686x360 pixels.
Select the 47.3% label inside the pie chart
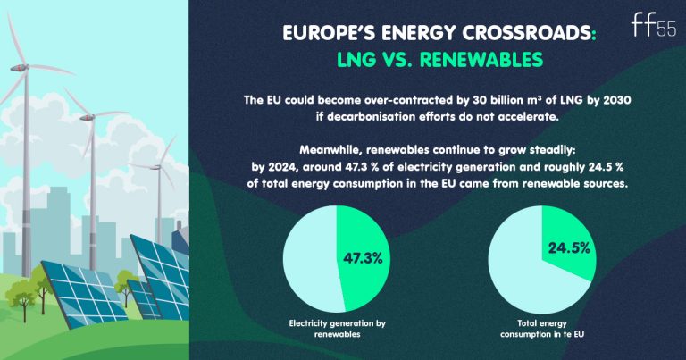364,258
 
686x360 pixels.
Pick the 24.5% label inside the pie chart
567,242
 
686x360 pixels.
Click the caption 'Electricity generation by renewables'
337,327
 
